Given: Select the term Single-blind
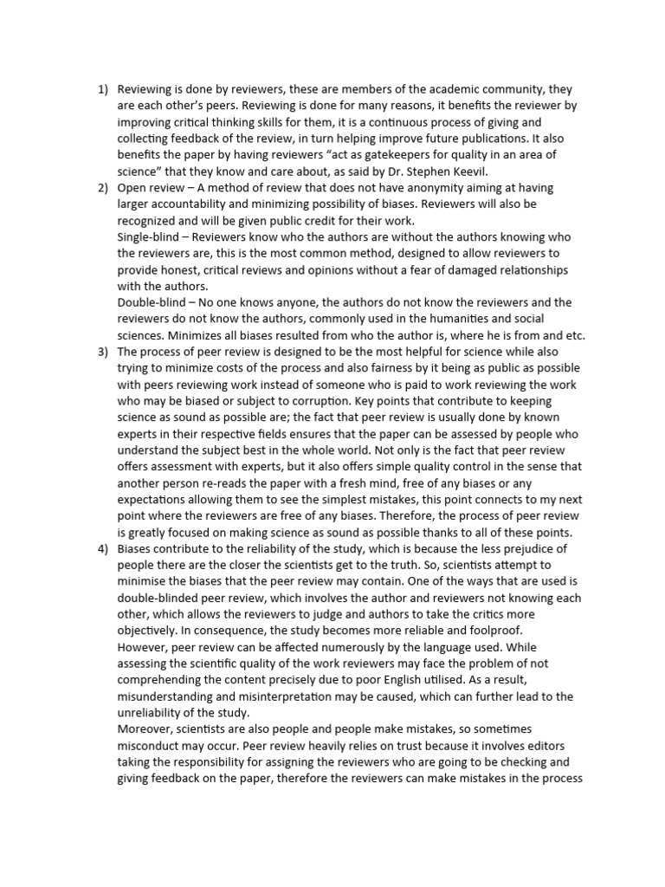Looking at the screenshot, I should pos(150,236).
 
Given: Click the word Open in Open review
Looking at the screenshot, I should pos(131,187).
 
